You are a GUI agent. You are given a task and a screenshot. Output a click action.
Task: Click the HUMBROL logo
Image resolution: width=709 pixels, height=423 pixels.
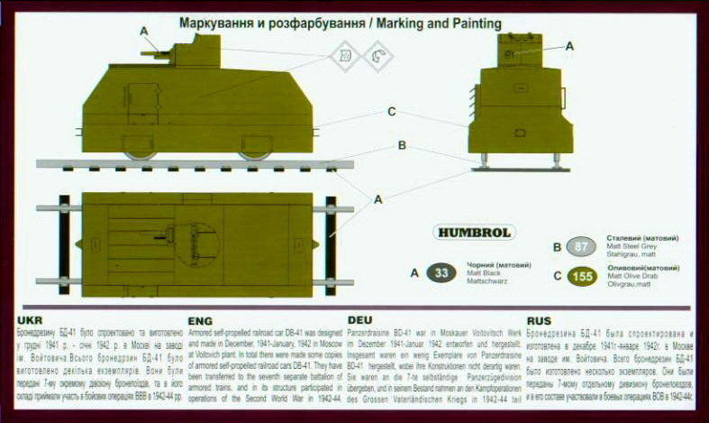click(474, 232)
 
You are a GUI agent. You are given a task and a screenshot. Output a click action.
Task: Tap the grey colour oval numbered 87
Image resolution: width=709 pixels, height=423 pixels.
click(582, 247)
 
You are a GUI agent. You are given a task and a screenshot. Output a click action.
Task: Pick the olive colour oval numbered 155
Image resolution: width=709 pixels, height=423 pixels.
click(583, 276)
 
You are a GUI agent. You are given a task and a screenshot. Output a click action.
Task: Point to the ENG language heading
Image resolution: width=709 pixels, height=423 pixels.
click(200, 320)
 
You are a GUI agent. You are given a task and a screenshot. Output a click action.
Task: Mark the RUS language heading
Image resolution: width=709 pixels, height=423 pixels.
click(538, 320)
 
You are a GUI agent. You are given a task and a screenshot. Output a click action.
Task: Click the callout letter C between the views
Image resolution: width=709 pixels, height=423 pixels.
click(391, 112)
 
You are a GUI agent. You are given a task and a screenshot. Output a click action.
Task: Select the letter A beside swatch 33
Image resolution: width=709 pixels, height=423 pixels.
click(415, 272)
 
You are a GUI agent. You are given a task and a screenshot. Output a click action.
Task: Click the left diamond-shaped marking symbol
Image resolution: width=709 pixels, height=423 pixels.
click(342, 60)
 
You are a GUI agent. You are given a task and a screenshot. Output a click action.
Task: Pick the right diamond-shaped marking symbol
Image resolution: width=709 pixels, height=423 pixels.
click(377, 60)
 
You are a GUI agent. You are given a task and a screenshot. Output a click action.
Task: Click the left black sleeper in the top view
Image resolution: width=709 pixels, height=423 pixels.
click(65, 244)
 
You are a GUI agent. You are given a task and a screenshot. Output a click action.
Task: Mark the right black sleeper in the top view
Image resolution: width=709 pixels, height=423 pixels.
click(331, 244)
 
